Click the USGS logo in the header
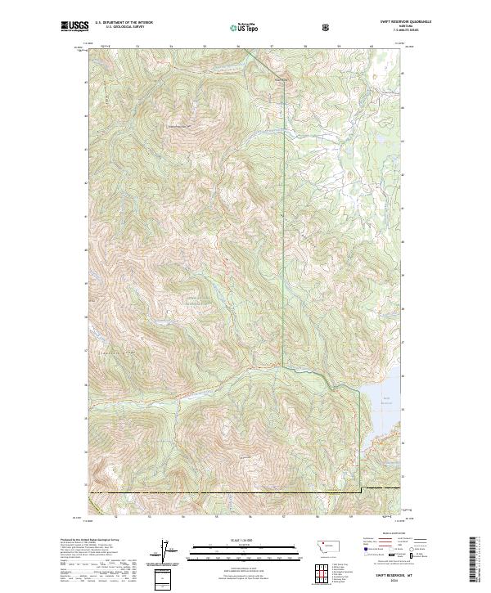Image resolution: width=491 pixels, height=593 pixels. tap(74, 26)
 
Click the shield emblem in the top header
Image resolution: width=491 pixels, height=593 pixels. tap(327, 27)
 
